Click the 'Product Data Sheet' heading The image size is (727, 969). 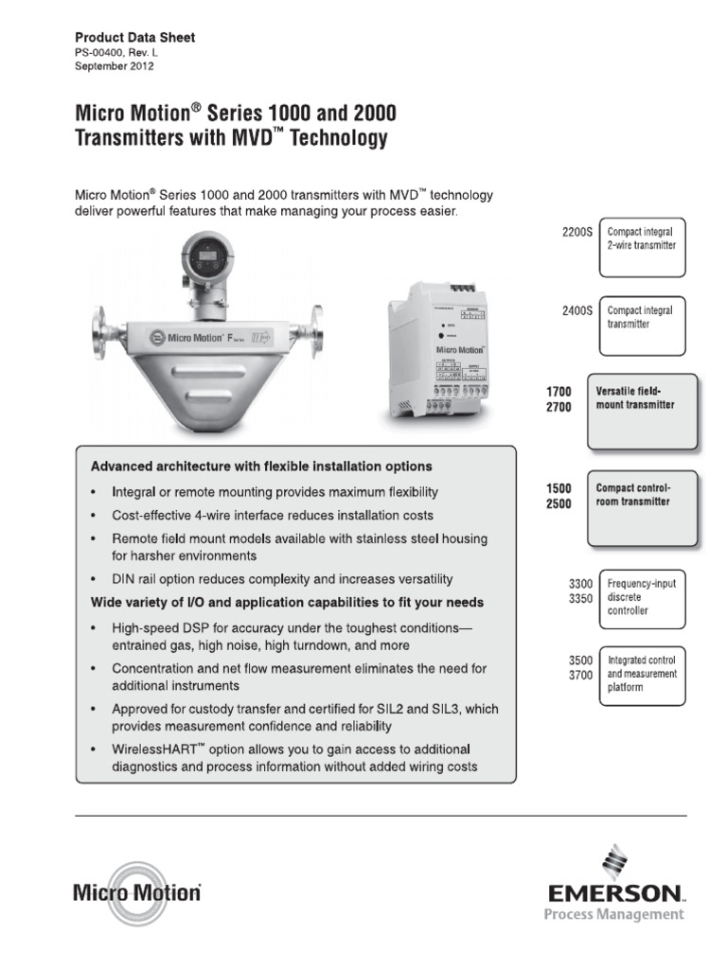click(134, 37)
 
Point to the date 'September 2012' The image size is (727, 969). click(115, 67)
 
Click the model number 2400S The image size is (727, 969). click(576, 310)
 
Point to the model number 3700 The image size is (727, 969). click(580, 677)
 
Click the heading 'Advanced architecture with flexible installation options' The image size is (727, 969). click(261, 467)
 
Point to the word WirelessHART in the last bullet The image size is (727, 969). click(158, 749)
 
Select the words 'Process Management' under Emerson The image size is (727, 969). click(612, 914)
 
